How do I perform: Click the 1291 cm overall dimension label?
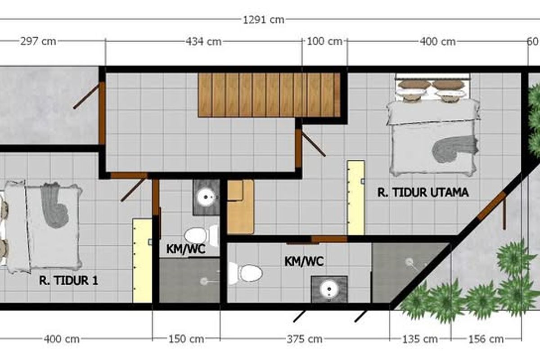click(x=264, y=20)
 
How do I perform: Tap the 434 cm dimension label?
click(x=203, y=41)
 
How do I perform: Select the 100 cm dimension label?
click(x=324, y=41)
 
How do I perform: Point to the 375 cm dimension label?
click(x=305, y=339)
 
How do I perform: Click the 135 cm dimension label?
click(x=420, y=339)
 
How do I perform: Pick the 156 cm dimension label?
click(x=486, y=339)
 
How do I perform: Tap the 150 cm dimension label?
click(x=186, y=339)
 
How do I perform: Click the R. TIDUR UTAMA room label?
click(x=423, y=193)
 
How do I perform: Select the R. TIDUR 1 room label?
click(x=69, y=280)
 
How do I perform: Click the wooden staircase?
click(x=269, y=95)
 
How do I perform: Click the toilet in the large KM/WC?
click(x=245, y=274)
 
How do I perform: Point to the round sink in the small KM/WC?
click(x=206, y=197)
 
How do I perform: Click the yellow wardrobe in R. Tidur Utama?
click(x=356, y=198)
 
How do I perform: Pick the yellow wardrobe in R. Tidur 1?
click(x=142, y=261)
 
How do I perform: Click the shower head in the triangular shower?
click(x=409, y=262)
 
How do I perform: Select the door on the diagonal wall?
click(x=491, y=206)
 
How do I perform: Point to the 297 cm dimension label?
click(x=38, y=41)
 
